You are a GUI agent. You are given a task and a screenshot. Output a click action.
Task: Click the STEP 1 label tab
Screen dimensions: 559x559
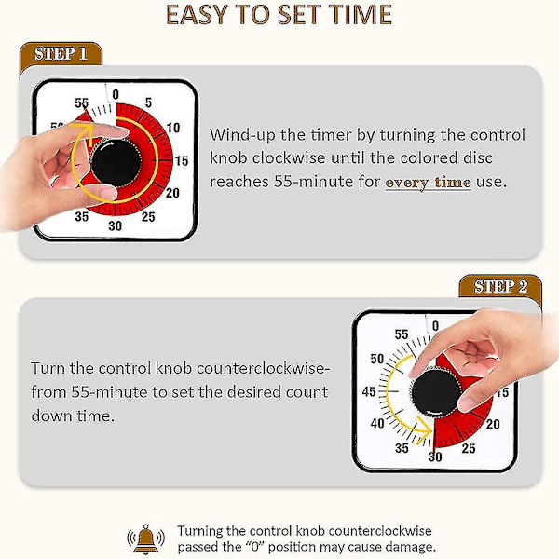[61, 54]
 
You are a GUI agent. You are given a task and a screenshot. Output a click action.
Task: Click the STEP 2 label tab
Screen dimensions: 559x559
[500, 286]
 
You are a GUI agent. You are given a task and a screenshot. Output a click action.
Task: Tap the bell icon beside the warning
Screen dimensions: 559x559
[146, 539]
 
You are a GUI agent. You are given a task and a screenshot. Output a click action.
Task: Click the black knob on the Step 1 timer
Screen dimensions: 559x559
[116, 162]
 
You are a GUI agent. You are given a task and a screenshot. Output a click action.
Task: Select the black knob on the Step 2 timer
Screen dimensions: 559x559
[436, 392]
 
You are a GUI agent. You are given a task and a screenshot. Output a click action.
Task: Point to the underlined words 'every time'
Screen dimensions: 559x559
[429, 183]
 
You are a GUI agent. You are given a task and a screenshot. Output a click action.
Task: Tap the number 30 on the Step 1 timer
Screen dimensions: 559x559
[115, 225]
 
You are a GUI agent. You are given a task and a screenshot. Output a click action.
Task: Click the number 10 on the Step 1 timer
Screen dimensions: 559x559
[173, 128]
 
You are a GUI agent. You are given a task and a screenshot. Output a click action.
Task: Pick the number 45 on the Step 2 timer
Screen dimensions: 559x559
[369, 392]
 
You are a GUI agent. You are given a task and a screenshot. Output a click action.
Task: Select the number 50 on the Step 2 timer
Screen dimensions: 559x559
[376, 359]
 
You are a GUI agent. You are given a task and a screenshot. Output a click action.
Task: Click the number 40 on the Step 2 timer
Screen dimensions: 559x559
[377, 424]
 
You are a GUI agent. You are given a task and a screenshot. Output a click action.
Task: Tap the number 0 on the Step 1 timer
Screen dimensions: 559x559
[116, 94]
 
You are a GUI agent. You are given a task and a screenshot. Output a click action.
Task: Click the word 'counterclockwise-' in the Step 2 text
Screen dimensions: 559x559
[261, 369]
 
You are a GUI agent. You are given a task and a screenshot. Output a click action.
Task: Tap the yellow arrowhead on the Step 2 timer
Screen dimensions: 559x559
[424, 430]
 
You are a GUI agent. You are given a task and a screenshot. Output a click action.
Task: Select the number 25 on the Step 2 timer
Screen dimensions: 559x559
[468, 448]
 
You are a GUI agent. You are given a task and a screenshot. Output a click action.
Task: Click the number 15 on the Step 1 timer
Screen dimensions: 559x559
[181, 161]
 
